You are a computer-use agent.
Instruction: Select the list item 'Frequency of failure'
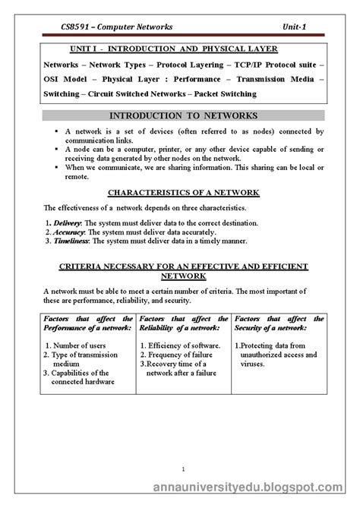tap(184, 355)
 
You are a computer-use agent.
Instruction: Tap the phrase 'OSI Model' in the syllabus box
tap(71, 79)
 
